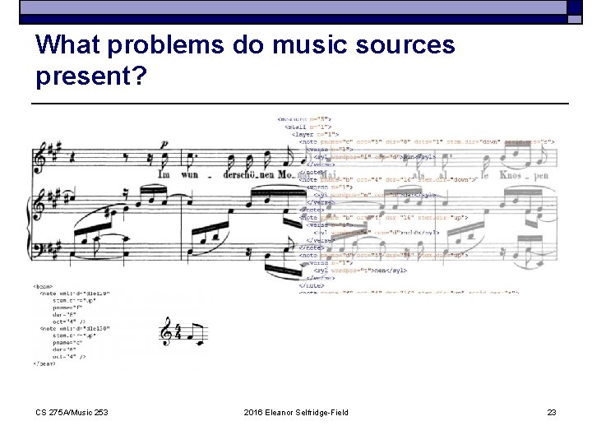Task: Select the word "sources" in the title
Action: [x=408, y=44]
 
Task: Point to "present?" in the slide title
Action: [x=91, y=76]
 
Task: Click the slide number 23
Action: [x=552, y=412]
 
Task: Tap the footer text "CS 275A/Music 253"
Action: [x=72, y=412]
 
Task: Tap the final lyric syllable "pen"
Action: [x=540, y=175]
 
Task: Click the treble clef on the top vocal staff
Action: [x=39, y=158]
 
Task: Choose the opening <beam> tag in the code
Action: [x=44, y=286]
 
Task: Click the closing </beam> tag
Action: [x=45, y=363]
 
